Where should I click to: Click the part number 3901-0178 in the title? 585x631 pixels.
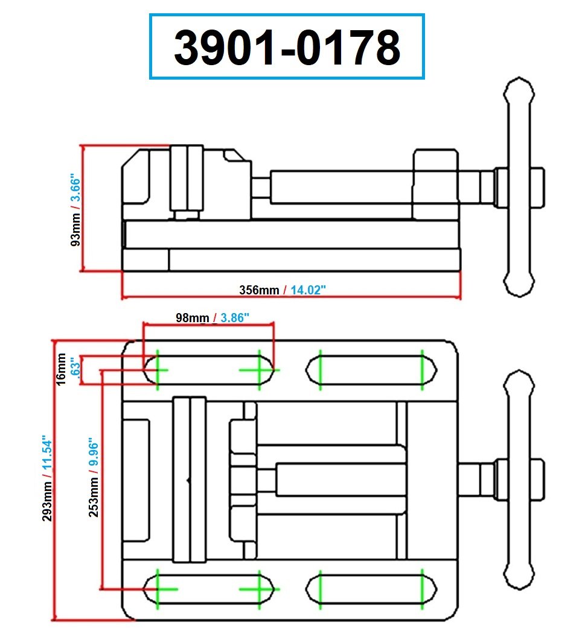(287, 47)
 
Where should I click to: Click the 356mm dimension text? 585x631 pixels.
(259, 290)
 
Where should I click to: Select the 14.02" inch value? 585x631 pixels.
(308, 290)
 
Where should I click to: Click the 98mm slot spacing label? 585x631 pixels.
(192, 318)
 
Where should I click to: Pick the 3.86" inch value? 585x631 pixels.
(235, 318)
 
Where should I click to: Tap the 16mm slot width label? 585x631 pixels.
(62, 369)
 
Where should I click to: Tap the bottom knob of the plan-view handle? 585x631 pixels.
(520, 576)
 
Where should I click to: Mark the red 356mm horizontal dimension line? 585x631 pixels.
(181, 297)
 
